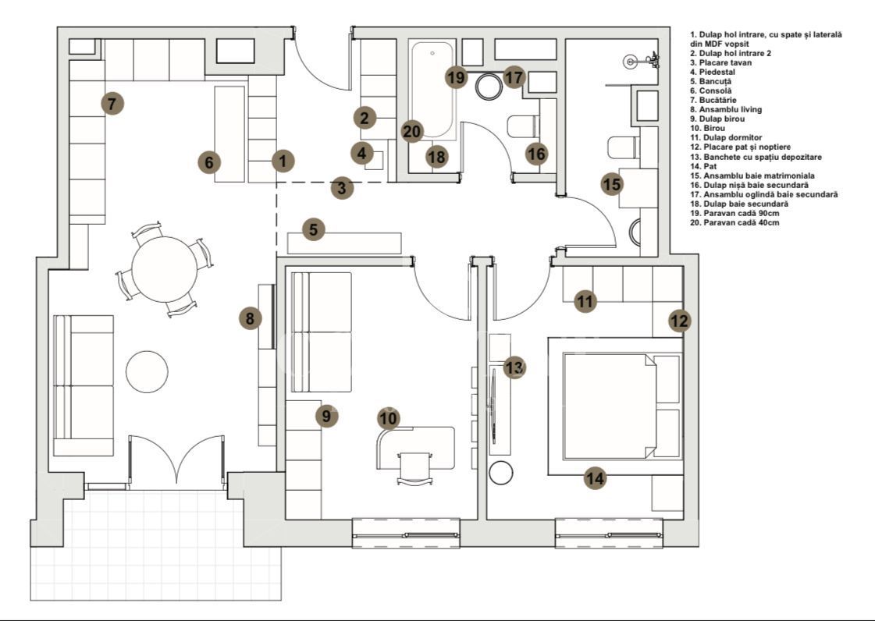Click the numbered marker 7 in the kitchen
[x=112, y=103]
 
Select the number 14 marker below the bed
[x=596, y=478]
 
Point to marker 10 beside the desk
[x=389, y=419]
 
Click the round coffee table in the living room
[x=148, y=371]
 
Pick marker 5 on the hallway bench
[x=313, y=230]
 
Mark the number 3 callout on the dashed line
[x=341, y=188]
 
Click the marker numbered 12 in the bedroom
[x=680, y=321]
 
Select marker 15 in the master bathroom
[x=613, y=185]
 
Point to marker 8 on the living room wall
[x=250, y=318]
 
